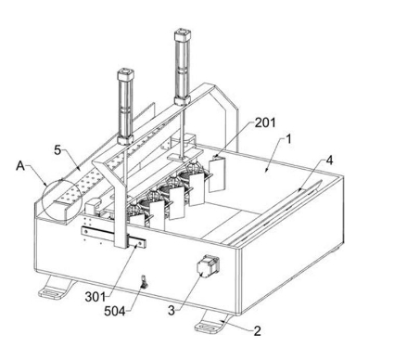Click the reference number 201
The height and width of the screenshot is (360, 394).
(x=265, y=122)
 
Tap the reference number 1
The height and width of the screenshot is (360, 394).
(x=288, y=139)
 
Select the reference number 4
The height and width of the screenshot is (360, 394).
(x=329, y=161)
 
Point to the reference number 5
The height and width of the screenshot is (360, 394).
(x=57, y=150)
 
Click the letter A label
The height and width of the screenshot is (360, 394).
(x=20, y=166)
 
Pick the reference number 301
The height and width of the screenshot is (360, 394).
(x=95, y=297)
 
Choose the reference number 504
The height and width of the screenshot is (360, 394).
(x=115, y=311)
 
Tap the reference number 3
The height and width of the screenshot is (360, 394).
(x=172, y=311)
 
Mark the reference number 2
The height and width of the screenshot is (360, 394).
(x=257, y=331)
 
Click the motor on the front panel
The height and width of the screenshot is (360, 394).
(x=208, y=265)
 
